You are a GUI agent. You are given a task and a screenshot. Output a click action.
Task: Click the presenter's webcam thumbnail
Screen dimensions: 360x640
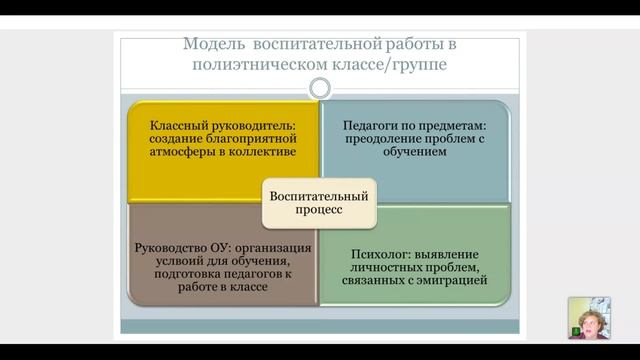[588, 318]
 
